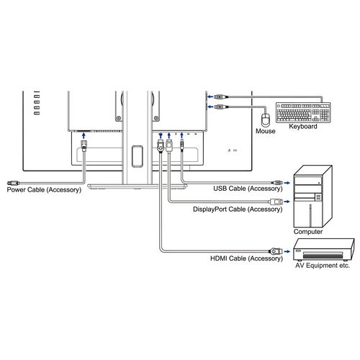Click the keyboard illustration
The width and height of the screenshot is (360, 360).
303,112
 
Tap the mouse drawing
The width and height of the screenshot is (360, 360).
266,120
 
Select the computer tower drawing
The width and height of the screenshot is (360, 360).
313,197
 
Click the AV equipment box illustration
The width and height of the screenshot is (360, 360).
324,250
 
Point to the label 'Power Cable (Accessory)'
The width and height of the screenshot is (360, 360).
44,190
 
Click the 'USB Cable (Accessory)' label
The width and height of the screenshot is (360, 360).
248,189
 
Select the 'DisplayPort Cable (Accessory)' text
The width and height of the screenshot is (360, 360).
238,210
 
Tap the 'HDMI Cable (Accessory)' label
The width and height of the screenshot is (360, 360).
246,258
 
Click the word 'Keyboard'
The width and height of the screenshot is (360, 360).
303,127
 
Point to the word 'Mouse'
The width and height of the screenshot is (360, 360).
265,131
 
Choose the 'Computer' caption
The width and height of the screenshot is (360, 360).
308,232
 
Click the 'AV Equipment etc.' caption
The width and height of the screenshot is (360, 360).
323,266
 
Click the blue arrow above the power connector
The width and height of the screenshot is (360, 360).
84,135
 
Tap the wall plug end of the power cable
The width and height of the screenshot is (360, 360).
13,183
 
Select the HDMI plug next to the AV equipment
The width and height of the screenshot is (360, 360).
276,251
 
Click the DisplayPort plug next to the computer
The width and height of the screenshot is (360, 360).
276,202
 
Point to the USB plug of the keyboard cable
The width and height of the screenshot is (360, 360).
220,97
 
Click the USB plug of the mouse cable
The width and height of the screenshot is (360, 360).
220,107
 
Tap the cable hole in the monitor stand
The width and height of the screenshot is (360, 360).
138,156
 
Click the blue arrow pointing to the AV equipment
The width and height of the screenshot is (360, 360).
287,251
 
